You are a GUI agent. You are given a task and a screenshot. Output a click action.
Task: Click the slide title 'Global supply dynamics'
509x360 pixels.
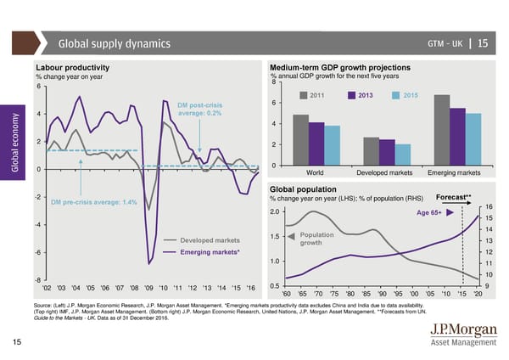(114, 44)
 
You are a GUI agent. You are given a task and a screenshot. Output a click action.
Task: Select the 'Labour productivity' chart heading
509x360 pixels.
(72, 68)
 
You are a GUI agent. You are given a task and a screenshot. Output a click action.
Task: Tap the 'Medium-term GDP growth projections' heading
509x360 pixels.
(339, 68)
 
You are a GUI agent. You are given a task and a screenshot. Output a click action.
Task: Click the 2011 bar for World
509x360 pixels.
(300, 139)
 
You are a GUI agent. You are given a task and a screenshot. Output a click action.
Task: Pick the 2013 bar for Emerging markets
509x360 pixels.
(457, 136)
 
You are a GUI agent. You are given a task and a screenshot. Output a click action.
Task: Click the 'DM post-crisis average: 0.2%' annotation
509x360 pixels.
(202, 109)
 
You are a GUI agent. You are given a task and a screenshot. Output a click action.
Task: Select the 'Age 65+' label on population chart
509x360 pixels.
(428, 212)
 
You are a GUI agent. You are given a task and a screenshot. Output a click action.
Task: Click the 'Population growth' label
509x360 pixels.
(317, 239)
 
